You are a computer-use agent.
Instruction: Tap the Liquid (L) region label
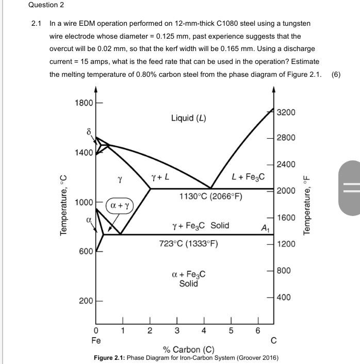point(188,118)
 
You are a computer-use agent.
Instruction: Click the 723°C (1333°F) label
point(189,243)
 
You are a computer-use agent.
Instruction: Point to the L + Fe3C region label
point(248,177)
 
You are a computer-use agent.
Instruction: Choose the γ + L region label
point(160,177)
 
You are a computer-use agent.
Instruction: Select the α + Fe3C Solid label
point(188,279)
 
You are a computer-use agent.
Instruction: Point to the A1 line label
point(265,228)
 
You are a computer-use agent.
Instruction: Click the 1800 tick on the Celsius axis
point(84,102)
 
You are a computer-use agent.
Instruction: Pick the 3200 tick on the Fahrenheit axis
point(286,112)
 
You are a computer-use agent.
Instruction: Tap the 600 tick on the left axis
point(86,251)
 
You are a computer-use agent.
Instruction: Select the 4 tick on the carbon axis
point(204,330)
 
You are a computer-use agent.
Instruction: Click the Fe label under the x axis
point(96,340)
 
